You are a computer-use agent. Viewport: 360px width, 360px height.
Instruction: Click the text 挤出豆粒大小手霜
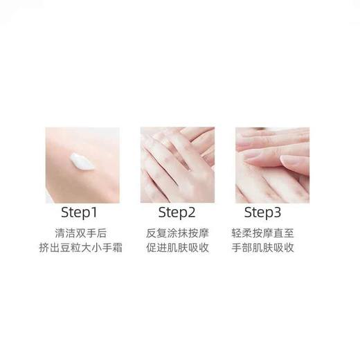[82, 248]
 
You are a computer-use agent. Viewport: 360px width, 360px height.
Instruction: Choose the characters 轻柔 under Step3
[244, 232]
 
